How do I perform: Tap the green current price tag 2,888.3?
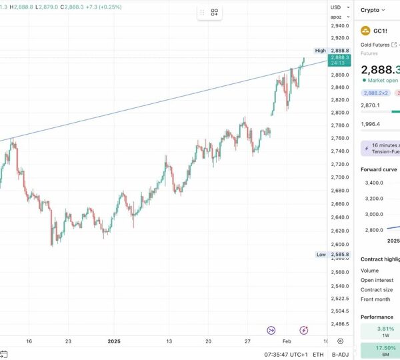tap(339, 60)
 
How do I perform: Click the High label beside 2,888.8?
tap(321, 51)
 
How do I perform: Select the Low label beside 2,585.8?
tap(321, 255)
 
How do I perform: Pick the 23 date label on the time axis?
tap(68, 341)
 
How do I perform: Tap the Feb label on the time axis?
tap(286, 341)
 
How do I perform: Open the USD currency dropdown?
tap(337, 7)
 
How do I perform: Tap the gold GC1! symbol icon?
tap(365, 31)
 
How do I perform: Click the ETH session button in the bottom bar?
tap(318, 355)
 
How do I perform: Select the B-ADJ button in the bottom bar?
tap(340, 355)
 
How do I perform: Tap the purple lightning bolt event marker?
tap(304, 329)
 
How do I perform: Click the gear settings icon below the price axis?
tap(340, 341)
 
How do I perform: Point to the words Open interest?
tap(377, 280)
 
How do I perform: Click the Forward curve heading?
tap(379, 169)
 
